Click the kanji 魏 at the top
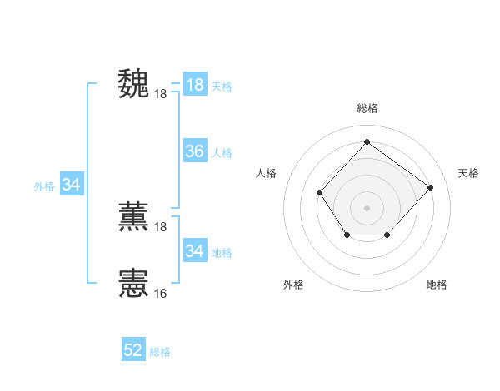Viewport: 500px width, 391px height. pos(133,84)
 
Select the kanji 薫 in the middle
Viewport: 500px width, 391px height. pos(133,217)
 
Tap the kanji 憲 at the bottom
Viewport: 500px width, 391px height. pos(133,283)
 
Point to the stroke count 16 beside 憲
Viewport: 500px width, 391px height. pos(161,294)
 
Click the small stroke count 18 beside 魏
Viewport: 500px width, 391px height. pos(161,94)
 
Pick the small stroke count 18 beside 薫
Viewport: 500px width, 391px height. pos(161,227)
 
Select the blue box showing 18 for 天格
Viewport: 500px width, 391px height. pos(194,85)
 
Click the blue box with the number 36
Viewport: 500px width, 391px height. pos(194,151)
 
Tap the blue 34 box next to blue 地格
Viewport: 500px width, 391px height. pos(194,250)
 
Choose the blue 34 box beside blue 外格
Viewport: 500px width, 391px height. pos(71,185)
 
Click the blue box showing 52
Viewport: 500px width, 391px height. pos(133,350)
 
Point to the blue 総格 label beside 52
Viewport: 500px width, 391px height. pos(160,352)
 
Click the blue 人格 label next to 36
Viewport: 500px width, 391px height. pos(222,153)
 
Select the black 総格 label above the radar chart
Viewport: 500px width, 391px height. pos(367,108)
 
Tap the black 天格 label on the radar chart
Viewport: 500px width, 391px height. pos(468,173)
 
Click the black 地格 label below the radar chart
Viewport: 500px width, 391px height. pos(437,285)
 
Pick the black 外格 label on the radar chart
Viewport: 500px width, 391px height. pos(293,285)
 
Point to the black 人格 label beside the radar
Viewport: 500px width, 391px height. pos(266,173)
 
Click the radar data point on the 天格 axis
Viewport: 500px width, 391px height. pos(430,187)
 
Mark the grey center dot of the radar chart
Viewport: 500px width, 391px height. pos(367,207)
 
